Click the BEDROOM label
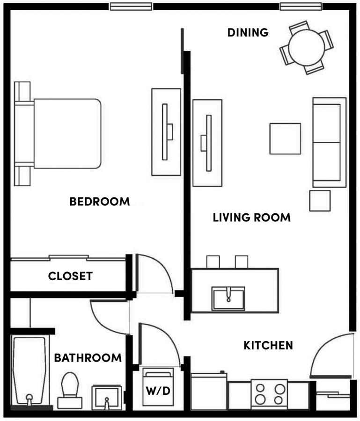point(99,202)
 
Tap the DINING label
point(248,32)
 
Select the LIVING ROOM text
point(251,218)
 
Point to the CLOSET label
point(70,276)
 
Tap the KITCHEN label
point(268,346)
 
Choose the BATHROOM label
point(88,358)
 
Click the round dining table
point(307,47)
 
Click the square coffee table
point(285,138)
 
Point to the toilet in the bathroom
point(70,386)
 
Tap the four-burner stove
point(269,393)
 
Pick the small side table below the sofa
point(320,201)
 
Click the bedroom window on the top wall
point(131,6)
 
